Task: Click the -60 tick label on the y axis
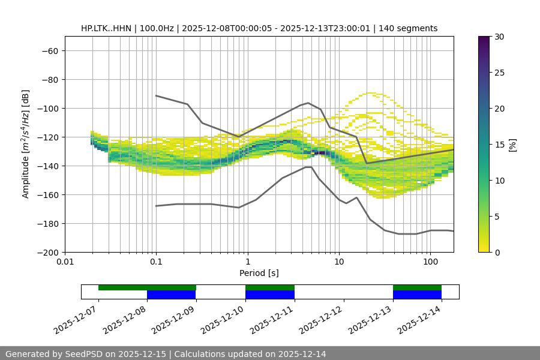click(49, 50)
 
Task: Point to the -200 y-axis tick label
click(47, 252)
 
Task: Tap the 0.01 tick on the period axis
click(65, 262)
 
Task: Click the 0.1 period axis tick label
click(156, 262)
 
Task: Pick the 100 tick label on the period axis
click(430, 262)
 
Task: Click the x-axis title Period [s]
click(259, 273)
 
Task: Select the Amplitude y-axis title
click(25, 144)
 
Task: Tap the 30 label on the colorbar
click(499, 37)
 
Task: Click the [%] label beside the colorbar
click(512, 144)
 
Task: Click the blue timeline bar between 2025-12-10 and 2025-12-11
click(270, 295)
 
